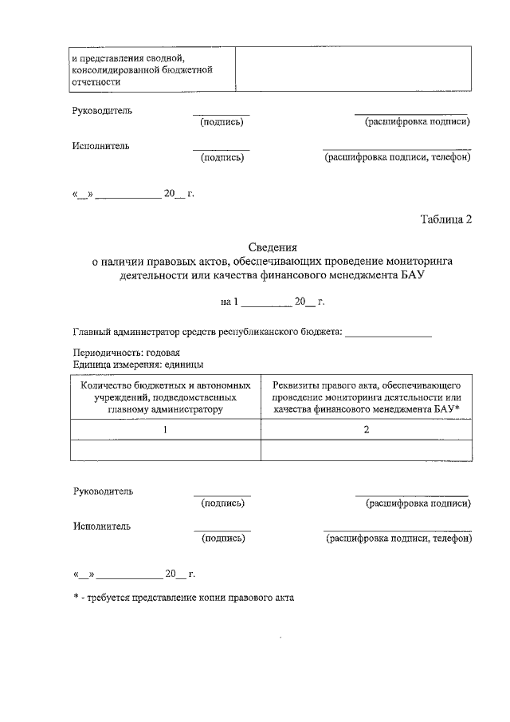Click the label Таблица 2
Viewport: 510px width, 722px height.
(446, 220)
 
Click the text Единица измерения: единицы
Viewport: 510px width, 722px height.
(137, 364)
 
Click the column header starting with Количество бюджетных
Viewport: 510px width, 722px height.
(166, 397)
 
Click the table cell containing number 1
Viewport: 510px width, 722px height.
(166, 430)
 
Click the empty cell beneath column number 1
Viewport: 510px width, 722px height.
(166, 451)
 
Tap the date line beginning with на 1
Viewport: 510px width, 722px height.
(272, 302)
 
